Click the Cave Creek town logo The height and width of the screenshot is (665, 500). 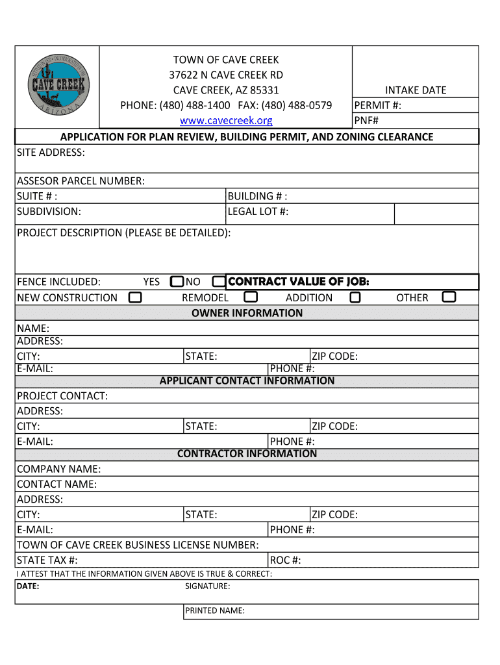58,86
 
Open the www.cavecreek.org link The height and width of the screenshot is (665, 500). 226,121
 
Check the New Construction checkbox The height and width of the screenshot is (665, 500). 135,297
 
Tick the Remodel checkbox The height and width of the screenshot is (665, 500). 251,297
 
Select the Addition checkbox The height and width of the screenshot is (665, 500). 355,297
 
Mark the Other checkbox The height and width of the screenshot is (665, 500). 449,297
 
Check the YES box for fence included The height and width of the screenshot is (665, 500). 177,282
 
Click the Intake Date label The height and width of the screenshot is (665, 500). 416,90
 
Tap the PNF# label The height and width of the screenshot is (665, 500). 366,120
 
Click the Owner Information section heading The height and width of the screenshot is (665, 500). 247,313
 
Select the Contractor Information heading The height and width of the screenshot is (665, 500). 247,453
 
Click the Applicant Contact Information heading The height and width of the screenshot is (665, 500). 247,381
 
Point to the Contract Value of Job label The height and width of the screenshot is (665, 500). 299,281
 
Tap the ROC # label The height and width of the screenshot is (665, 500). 285,560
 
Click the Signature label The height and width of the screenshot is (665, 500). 207,586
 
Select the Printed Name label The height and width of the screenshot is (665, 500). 214,610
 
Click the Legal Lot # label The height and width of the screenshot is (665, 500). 258,212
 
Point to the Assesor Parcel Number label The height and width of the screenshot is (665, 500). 81,181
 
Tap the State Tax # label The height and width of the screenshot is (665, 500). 47,560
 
